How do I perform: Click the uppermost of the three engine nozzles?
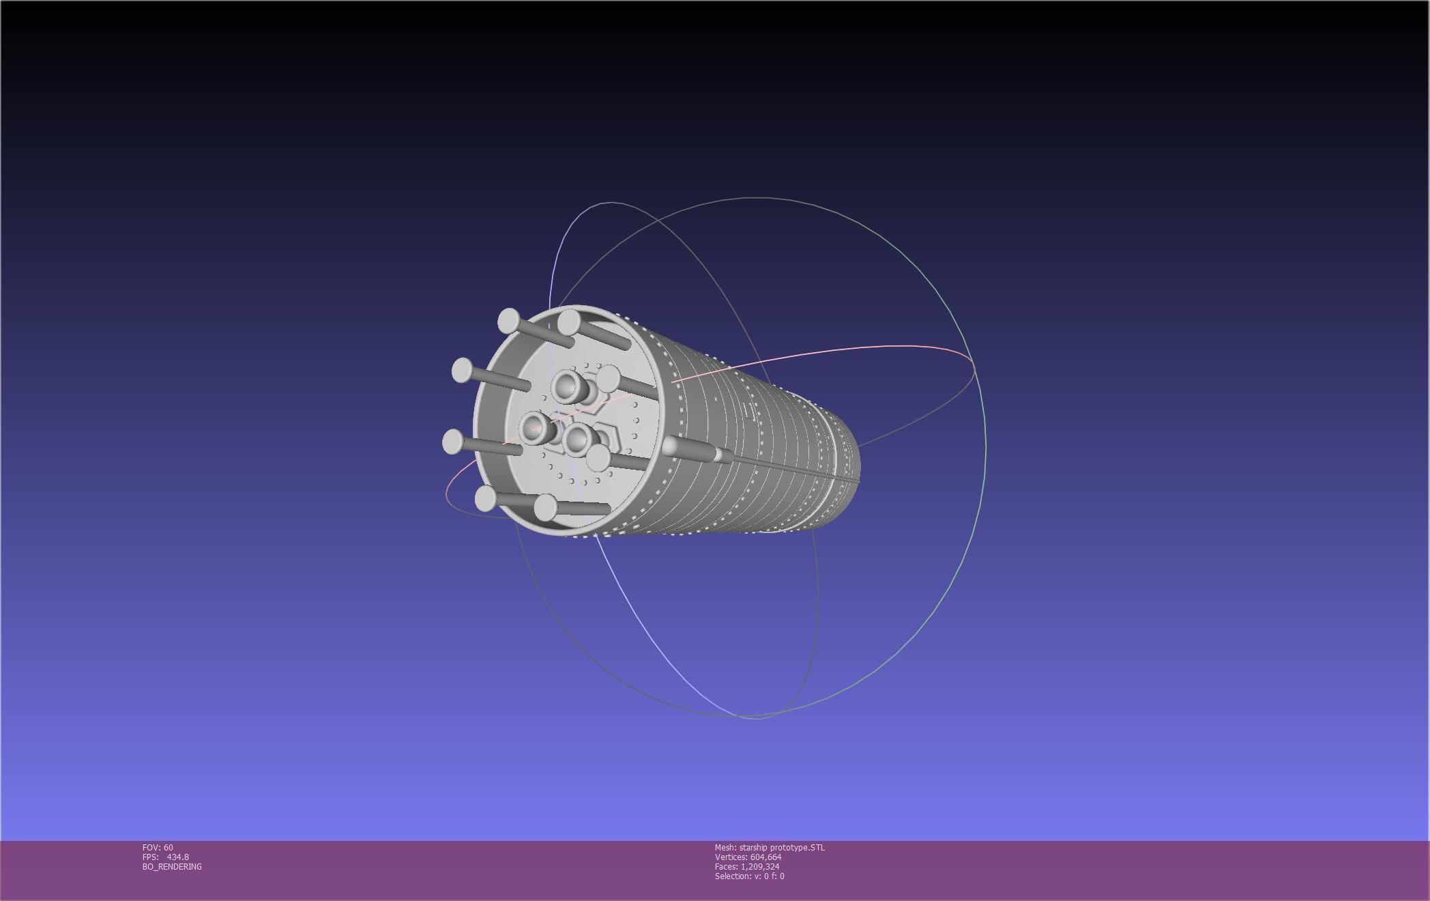click(566, 386)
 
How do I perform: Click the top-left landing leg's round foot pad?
click(508, 320)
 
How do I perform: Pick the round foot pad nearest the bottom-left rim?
click(485, 499)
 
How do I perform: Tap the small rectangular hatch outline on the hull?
click(749, 411)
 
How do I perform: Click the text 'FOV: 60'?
click(158, 848)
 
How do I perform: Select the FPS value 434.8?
click(177, 857)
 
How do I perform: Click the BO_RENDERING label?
click(172, 867)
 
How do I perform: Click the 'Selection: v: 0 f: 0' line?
click(749, 876)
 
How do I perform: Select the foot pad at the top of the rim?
click(569, 322)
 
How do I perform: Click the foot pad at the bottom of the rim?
click(546, 507)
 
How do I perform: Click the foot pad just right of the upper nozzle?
click(608, 377)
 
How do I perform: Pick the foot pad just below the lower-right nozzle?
click(598, 457)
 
